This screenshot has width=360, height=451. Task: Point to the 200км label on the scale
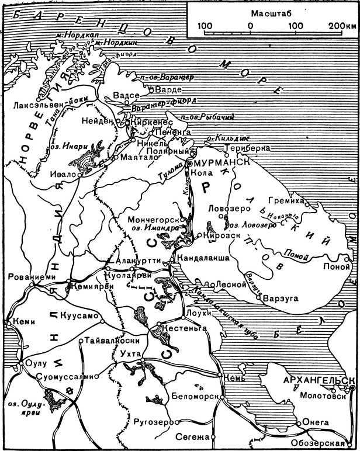340,26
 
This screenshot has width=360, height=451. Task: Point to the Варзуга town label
282,298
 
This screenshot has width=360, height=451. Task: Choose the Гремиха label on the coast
284,200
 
